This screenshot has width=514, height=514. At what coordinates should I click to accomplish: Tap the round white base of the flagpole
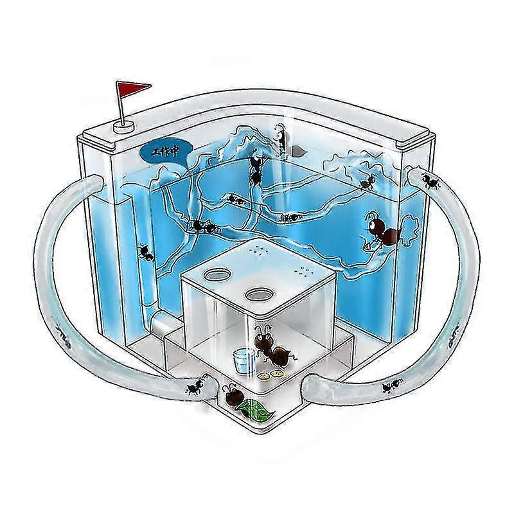(x=124, y=127)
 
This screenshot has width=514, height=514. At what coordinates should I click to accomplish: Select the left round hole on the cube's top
(x=217, y=274)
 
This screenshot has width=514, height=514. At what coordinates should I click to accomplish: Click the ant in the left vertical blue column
(x=146, y=253)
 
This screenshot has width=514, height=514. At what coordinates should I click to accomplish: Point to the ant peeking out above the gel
(x=279, y=136)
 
